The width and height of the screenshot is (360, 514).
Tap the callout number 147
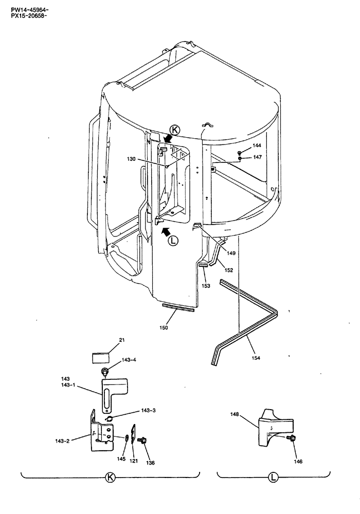[257, 157]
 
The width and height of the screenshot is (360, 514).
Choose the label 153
[206, 285]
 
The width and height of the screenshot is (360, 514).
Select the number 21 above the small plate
[107, 340]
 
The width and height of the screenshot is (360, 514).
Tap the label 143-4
[129, 360]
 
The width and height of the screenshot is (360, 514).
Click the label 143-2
[63, 441]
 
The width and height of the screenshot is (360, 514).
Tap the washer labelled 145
[125, 438]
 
